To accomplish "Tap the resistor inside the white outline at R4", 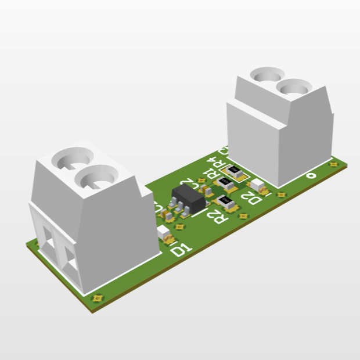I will (x=235, y=171).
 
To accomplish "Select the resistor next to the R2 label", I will (x=227, y=203).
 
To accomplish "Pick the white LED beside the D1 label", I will (x=165, y=232).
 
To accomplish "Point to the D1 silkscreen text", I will (x=182, y=250).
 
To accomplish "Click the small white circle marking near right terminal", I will (x=311, y=174).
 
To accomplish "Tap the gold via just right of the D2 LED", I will (x=282, y=194).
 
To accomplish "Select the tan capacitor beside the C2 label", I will (x=205, y=189).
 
